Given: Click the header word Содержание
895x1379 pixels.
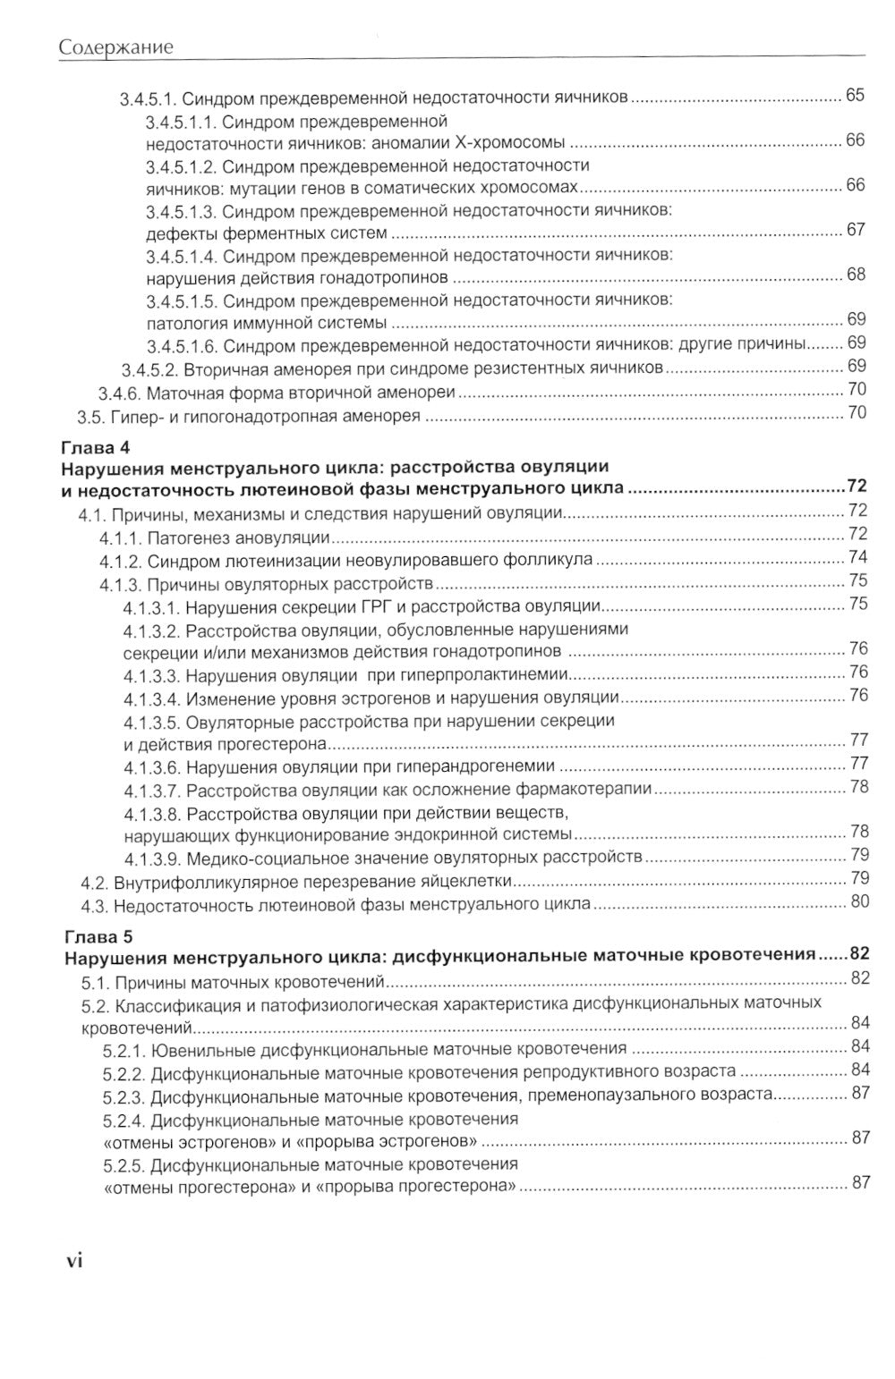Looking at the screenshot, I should point(115,47).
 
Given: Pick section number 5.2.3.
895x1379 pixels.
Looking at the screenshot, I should point(124,1095).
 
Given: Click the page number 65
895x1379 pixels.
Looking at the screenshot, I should point(856,96).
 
